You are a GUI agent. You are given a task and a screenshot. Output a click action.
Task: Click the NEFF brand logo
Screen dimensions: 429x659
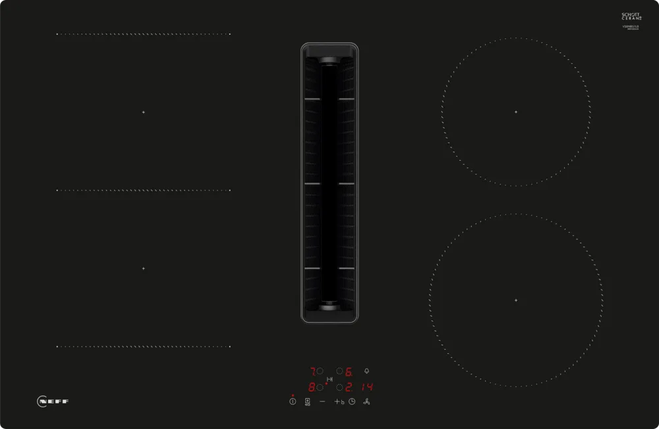53,401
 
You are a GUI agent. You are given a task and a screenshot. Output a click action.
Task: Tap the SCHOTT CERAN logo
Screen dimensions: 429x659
631,17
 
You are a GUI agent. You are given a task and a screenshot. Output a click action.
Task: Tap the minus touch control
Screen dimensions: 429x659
322,401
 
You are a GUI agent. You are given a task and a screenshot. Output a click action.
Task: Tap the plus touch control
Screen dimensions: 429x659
337,401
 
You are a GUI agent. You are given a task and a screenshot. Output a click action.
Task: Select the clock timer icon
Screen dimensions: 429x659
352,401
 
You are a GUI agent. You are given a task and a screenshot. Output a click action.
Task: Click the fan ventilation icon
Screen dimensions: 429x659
366,401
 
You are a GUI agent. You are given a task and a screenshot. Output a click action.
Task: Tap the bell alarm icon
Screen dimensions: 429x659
366,371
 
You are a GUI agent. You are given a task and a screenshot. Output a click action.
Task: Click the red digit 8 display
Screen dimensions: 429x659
312,387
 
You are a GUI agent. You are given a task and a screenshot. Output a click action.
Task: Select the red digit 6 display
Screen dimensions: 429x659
349,372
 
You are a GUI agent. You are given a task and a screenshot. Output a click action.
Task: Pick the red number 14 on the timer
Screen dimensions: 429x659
367,387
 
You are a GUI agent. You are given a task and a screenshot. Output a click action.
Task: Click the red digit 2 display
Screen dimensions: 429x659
349,387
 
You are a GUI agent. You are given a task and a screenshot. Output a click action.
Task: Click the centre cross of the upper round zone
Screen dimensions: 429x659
516,112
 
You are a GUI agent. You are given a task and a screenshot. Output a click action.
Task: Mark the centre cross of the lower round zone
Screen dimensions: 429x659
516,300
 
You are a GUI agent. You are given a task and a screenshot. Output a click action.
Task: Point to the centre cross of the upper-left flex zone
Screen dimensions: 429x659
143,112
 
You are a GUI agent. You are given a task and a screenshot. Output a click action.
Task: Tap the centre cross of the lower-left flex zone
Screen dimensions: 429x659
143,269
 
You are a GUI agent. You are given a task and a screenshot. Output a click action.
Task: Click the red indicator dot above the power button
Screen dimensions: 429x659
293,395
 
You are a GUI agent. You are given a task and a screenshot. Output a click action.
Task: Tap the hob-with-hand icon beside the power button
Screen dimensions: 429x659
307,401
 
